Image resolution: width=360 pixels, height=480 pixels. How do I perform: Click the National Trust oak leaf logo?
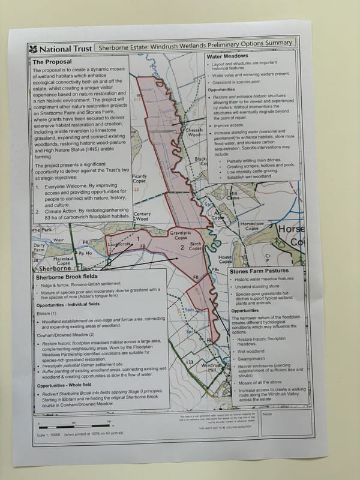coord(32,49)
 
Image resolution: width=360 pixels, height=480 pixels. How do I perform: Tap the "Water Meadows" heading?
coord(228,57)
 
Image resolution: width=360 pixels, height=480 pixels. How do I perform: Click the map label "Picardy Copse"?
coord(139,178)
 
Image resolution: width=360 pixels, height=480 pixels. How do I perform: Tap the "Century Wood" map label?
coord(143,217)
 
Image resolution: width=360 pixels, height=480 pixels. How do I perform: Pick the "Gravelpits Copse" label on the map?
coord(180,234)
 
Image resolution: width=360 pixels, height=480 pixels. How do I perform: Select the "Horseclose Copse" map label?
coord(251,226)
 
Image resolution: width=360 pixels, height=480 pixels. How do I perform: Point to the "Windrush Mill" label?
coord(212,367)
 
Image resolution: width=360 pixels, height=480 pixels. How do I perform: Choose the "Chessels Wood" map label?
coord(194,133)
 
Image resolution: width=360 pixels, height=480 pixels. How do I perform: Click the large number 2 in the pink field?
coord(181,247)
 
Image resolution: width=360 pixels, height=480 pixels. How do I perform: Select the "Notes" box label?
coord(268,413)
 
